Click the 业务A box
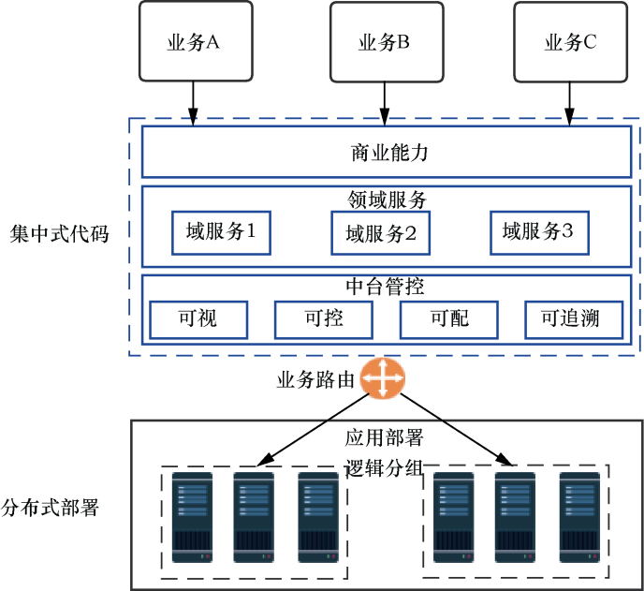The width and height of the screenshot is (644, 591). tap(193, 41)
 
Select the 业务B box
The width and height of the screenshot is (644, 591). tap(384, 41)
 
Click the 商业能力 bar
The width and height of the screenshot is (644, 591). tap(386, 152)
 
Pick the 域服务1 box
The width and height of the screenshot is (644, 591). tap(221, 231)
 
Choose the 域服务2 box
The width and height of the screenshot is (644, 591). tap(380, 232)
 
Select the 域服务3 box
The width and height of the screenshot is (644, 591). tap(539, 231)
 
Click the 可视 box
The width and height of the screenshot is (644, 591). tap(198, 319)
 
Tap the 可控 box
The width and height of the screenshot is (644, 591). tap(323, 319)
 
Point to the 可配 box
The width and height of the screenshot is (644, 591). tap(448, 319)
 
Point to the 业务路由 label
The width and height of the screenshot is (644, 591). tap(315, 380)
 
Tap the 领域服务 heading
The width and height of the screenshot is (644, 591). tap(386, 199)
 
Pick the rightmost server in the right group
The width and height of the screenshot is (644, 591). tap(578, 517)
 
